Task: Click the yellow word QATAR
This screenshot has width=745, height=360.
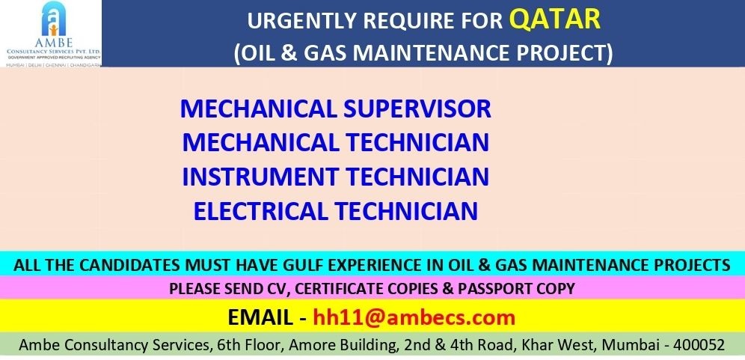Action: click(x=555, y=19)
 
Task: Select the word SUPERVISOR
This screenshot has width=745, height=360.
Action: click(x=417, y=109)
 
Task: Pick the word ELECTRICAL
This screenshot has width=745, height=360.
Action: click(x=260, y=211)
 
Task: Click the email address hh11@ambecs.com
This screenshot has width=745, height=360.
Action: click(x=414, y=317)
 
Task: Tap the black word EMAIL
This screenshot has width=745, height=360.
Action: click(x=260, y=317)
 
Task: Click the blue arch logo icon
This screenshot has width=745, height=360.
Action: click(x=53, y=19)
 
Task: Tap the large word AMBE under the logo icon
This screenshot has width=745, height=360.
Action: click(x=53, y=43)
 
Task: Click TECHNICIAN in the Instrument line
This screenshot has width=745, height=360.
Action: click(x=417, y=177)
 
